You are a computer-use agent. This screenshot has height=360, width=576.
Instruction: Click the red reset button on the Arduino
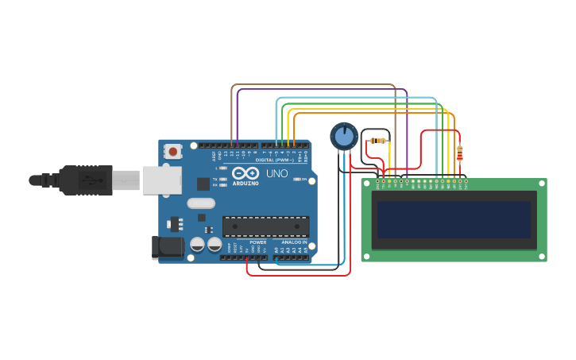click(x=172, y=150)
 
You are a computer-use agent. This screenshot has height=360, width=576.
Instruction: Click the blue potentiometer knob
click(x=344, y=136)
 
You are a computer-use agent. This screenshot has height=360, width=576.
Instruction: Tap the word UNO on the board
click(x=276, y=173)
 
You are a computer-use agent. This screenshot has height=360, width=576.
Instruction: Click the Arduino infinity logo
click(x=245, y=173)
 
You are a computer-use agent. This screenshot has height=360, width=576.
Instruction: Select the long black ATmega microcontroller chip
click(x=265, y=226)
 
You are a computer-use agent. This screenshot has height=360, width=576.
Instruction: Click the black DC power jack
click(x=168, y=247)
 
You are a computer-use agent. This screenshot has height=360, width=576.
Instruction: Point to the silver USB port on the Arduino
click(x=161, y=180)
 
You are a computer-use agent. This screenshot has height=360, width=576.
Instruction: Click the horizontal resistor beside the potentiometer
click(x=378, y=141)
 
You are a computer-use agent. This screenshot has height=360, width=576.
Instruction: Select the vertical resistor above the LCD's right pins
click(x=459, y=153)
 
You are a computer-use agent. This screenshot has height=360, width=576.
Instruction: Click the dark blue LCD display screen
click(x=454, y=219)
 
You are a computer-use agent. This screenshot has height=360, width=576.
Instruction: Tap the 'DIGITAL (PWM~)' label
click(x=275, y=160)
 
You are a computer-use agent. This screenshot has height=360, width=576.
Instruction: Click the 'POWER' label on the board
click(x=257, y=242)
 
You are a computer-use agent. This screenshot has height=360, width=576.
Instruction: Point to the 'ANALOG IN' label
click(x=294, y=242)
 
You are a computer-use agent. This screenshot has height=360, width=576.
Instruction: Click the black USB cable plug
click(x=79, y=180)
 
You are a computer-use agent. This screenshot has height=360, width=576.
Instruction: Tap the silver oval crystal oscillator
click(x=201, y=203)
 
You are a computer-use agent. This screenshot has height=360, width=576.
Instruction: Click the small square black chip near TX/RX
click(x=203, y=184)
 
